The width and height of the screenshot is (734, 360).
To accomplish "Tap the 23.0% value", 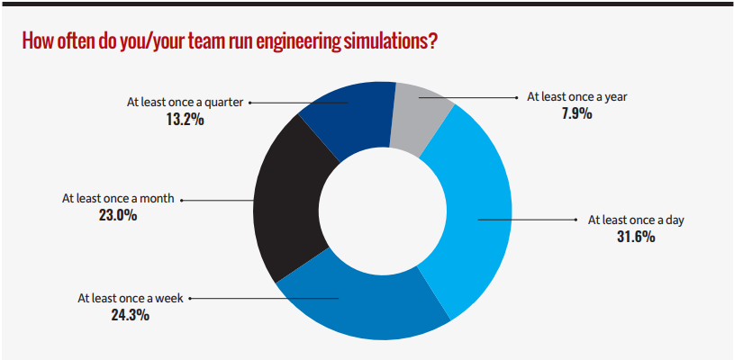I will click(119, 215).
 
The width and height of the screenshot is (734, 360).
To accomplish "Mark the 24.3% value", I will click(131, 315).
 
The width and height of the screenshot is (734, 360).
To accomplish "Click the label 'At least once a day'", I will click(636, 219).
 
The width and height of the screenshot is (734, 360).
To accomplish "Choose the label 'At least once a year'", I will click(576, 95).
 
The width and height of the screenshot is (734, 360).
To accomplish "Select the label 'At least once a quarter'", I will click(185, 102).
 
